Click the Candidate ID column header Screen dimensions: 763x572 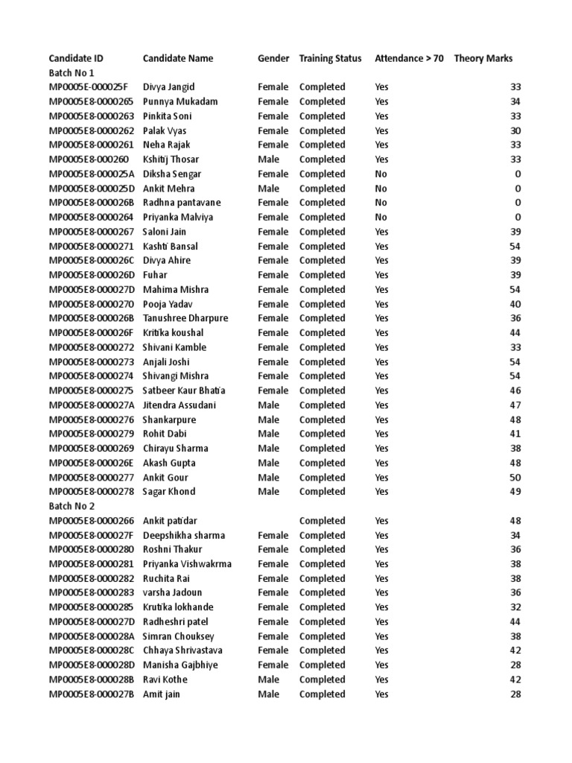[76, 58]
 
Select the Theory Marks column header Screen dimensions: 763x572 [483, 58]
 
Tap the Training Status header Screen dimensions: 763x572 [330, 58]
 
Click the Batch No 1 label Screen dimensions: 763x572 [71, 73]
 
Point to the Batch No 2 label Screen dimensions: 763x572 [71, 506]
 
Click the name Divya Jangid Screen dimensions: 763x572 [168, 87]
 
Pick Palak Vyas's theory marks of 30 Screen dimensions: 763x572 [515, 130]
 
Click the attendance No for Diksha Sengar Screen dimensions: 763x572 [381, 174]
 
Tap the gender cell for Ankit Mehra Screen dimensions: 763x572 [268, 189]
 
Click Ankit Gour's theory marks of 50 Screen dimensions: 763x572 [515, 477]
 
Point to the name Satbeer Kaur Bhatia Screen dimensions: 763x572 [184, 390]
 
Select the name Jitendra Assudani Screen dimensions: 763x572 [179, 405]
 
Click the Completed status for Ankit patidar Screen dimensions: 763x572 [322, 521]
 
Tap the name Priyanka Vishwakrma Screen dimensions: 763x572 [187, 564]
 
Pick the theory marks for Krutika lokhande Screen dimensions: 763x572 [515, 607]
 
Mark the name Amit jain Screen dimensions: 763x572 [162, 694]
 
